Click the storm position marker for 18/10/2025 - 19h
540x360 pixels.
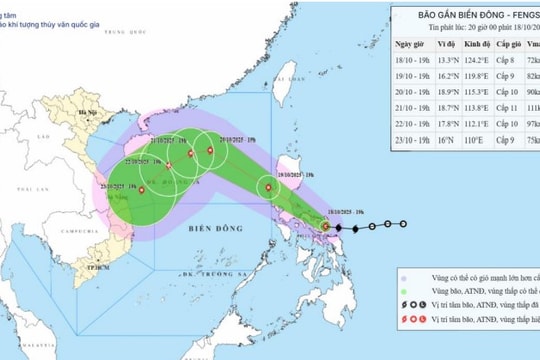327,227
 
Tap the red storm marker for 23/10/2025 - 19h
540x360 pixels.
142,189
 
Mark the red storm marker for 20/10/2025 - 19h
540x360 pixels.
210,151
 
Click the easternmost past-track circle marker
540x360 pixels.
402,223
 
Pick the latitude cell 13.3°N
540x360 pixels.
451,61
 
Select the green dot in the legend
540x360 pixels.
402,295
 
